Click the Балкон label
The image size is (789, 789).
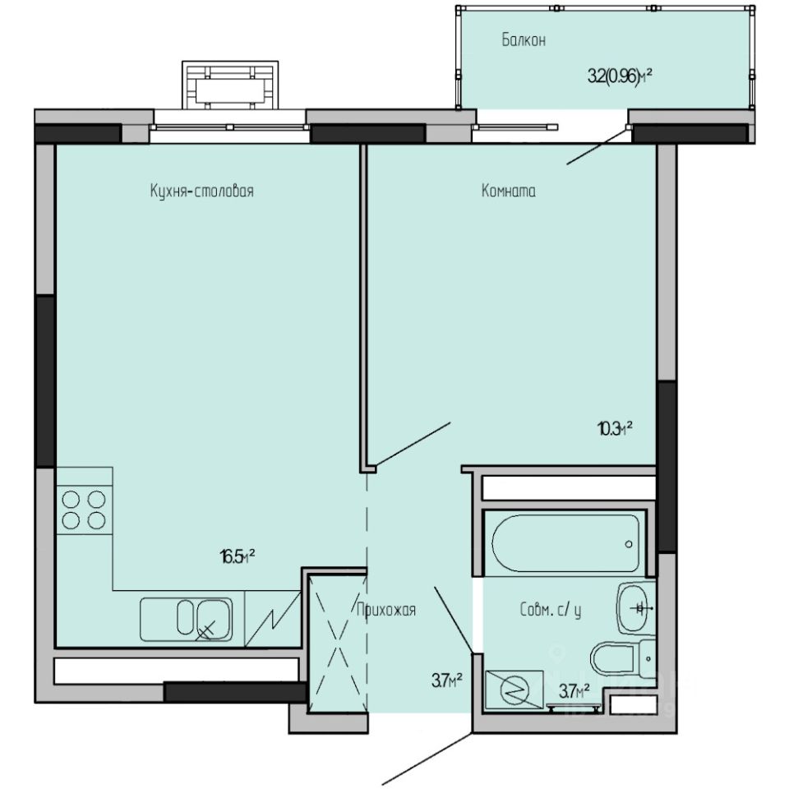[524, 40]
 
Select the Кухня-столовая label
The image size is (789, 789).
[201, 191]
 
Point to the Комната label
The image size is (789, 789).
[508, 191]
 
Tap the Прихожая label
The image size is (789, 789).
[386, 610]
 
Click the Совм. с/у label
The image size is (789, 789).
[551, 611]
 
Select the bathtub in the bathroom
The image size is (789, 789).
[566, 543]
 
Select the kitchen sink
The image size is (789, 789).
[187, 619]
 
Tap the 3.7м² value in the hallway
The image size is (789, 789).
[445, 680]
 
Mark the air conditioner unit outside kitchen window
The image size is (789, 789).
[230, 85]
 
